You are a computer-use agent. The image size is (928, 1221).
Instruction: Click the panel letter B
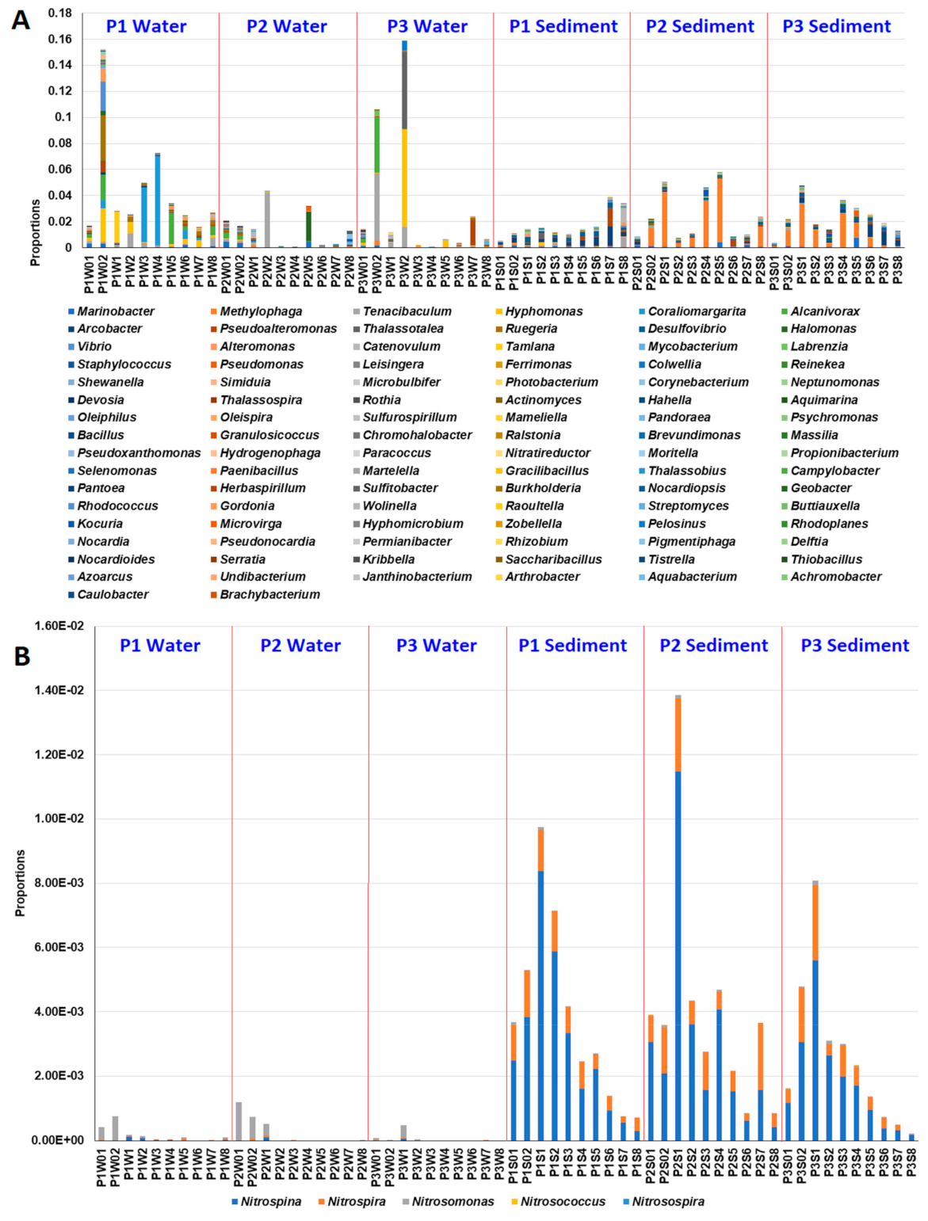[22, 656]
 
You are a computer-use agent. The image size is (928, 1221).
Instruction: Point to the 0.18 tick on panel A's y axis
[59, 13]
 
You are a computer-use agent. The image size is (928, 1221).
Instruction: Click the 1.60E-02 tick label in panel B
[59, 626]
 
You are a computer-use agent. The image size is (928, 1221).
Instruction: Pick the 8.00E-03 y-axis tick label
[59, 883]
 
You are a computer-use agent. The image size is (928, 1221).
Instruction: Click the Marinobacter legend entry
[116, 311]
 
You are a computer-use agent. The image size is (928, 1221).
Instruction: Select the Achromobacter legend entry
[835, 577]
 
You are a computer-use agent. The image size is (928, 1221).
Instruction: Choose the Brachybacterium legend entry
[269, 594]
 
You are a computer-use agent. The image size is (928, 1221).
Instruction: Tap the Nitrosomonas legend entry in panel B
[453, 1201]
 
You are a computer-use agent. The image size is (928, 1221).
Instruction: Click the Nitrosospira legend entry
[668, 1201]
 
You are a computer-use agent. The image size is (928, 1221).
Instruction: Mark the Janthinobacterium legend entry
[417, 577]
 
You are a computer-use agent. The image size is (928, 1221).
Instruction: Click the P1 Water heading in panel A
[147, 26]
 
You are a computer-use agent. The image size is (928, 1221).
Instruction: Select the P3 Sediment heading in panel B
[854, 646]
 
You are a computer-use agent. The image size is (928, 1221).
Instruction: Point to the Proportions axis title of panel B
[21, 883]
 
